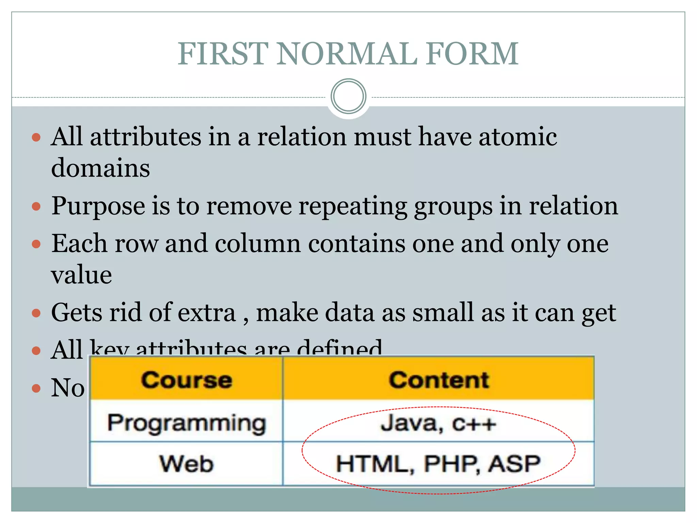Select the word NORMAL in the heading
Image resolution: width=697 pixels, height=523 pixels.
tap(346, 54)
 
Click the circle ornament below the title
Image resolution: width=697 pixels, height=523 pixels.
tap(348, 96)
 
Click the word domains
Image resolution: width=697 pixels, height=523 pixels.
tap(100, 168)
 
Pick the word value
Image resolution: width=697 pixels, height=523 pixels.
tap(81, 274)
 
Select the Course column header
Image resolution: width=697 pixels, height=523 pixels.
tap(187, 380)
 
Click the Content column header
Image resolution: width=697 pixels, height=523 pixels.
tap(439, 380)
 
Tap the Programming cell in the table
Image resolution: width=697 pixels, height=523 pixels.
tap(187, 423)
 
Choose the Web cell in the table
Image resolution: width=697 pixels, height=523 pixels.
tap(187, 464)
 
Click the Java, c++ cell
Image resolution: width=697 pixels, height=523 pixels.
tap(438, 423)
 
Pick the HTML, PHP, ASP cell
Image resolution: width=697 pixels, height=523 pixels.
tap(438, 464)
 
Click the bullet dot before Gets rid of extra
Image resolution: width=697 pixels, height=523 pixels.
tap(36, 313)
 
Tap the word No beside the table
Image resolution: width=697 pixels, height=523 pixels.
tap(68, 388)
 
